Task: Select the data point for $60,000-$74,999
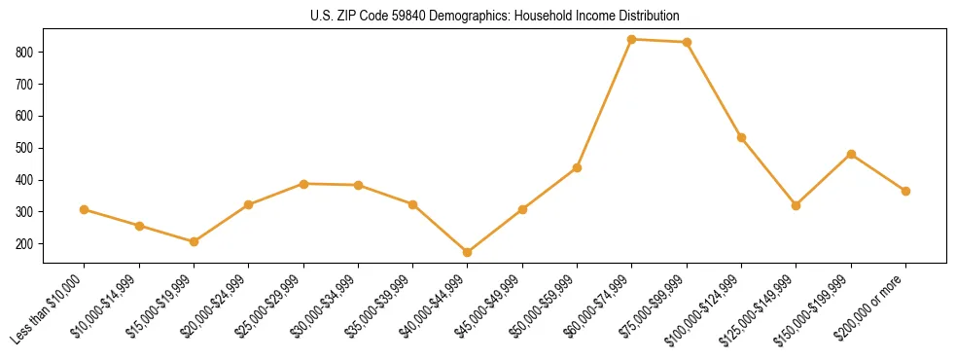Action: point(632,39)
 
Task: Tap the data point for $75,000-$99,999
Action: point(687,42)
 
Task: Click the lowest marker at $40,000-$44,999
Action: point(468,252)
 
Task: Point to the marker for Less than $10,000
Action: point(85,209)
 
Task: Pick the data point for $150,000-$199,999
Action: point(851,154)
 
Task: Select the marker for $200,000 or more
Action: point(905,191)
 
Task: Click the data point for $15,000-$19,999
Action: point(194,241)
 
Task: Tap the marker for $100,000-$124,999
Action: point(741,137)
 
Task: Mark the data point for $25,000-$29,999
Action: point(303,183)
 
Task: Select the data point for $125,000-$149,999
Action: point(796,205)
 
